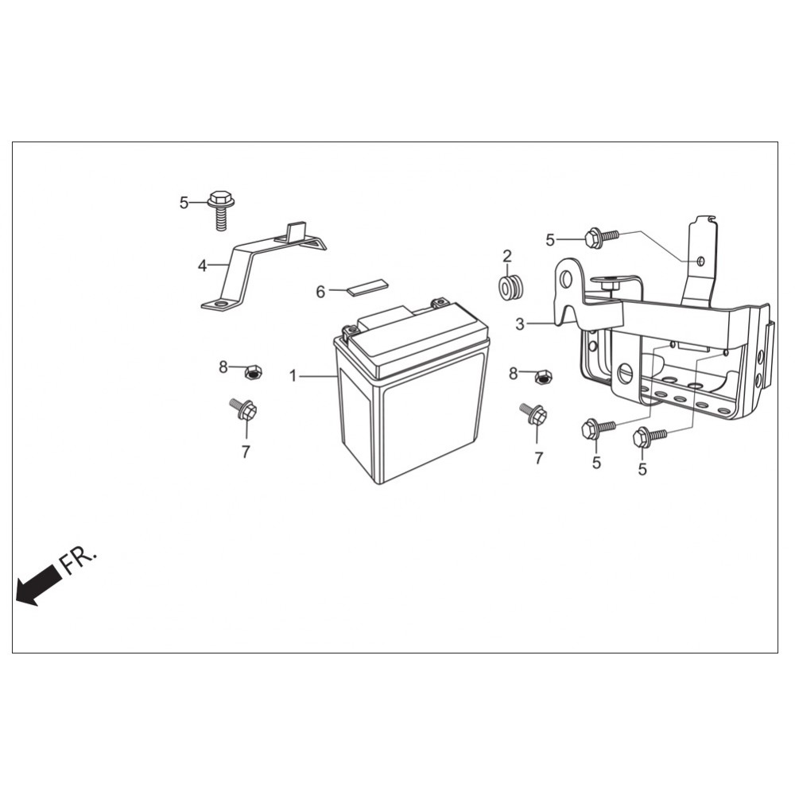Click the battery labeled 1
coord(412,394)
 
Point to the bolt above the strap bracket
coord(220,211)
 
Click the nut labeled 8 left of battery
coord(253,373)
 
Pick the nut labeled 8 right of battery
coord(544,377)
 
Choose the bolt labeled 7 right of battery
coord(534,413)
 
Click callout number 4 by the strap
coord(202,266)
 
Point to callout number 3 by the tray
coord(519,324)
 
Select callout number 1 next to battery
coord(293,376)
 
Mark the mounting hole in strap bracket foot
coord(220,304)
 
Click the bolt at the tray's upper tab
coord(602,238)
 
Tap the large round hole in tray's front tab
coord(625,374)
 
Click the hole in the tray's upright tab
coord(700,261)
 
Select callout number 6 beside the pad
coord(320,292)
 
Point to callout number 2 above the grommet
coord(507,256)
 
